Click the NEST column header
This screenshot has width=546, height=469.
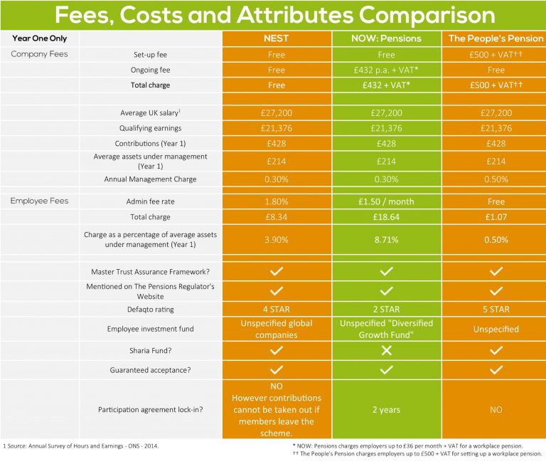pos(277,38)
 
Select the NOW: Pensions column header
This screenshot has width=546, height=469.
pos(386,38)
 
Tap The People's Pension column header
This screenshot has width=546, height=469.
pos(496,38)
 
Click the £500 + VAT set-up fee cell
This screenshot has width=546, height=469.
pos(496,55)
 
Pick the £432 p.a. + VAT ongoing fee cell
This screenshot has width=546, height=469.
pos(386,70)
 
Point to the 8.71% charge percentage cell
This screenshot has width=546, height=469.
pos(386,241)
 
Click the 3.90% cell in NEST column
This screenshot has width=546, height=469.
pos(277,241)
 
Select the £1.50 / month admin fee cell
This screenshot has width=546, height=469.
pos(386,201)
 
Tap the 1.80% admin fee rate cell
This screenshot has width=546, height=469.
pos(277,201)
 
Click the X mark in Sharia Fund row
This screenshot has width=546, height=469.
pos(386,350)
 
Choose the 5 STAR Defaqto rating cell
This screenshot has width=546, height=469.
pos(496,310)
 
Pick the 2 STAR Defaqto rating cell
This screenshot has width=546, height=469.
pos(386,310)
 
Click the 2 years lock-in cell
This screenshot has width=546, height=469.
pos(386,409)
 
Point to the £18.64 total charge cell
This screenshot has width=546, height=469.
pos(386,216)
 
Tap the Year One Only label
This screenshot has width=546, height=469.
pos(39,38)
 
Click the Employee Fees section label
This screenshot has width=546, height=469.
pos(39,201)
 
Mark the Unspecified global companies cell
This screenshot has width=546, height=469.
pos(277,329)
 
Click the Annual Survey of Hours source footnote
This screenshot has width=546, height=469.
pos(81,446)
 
